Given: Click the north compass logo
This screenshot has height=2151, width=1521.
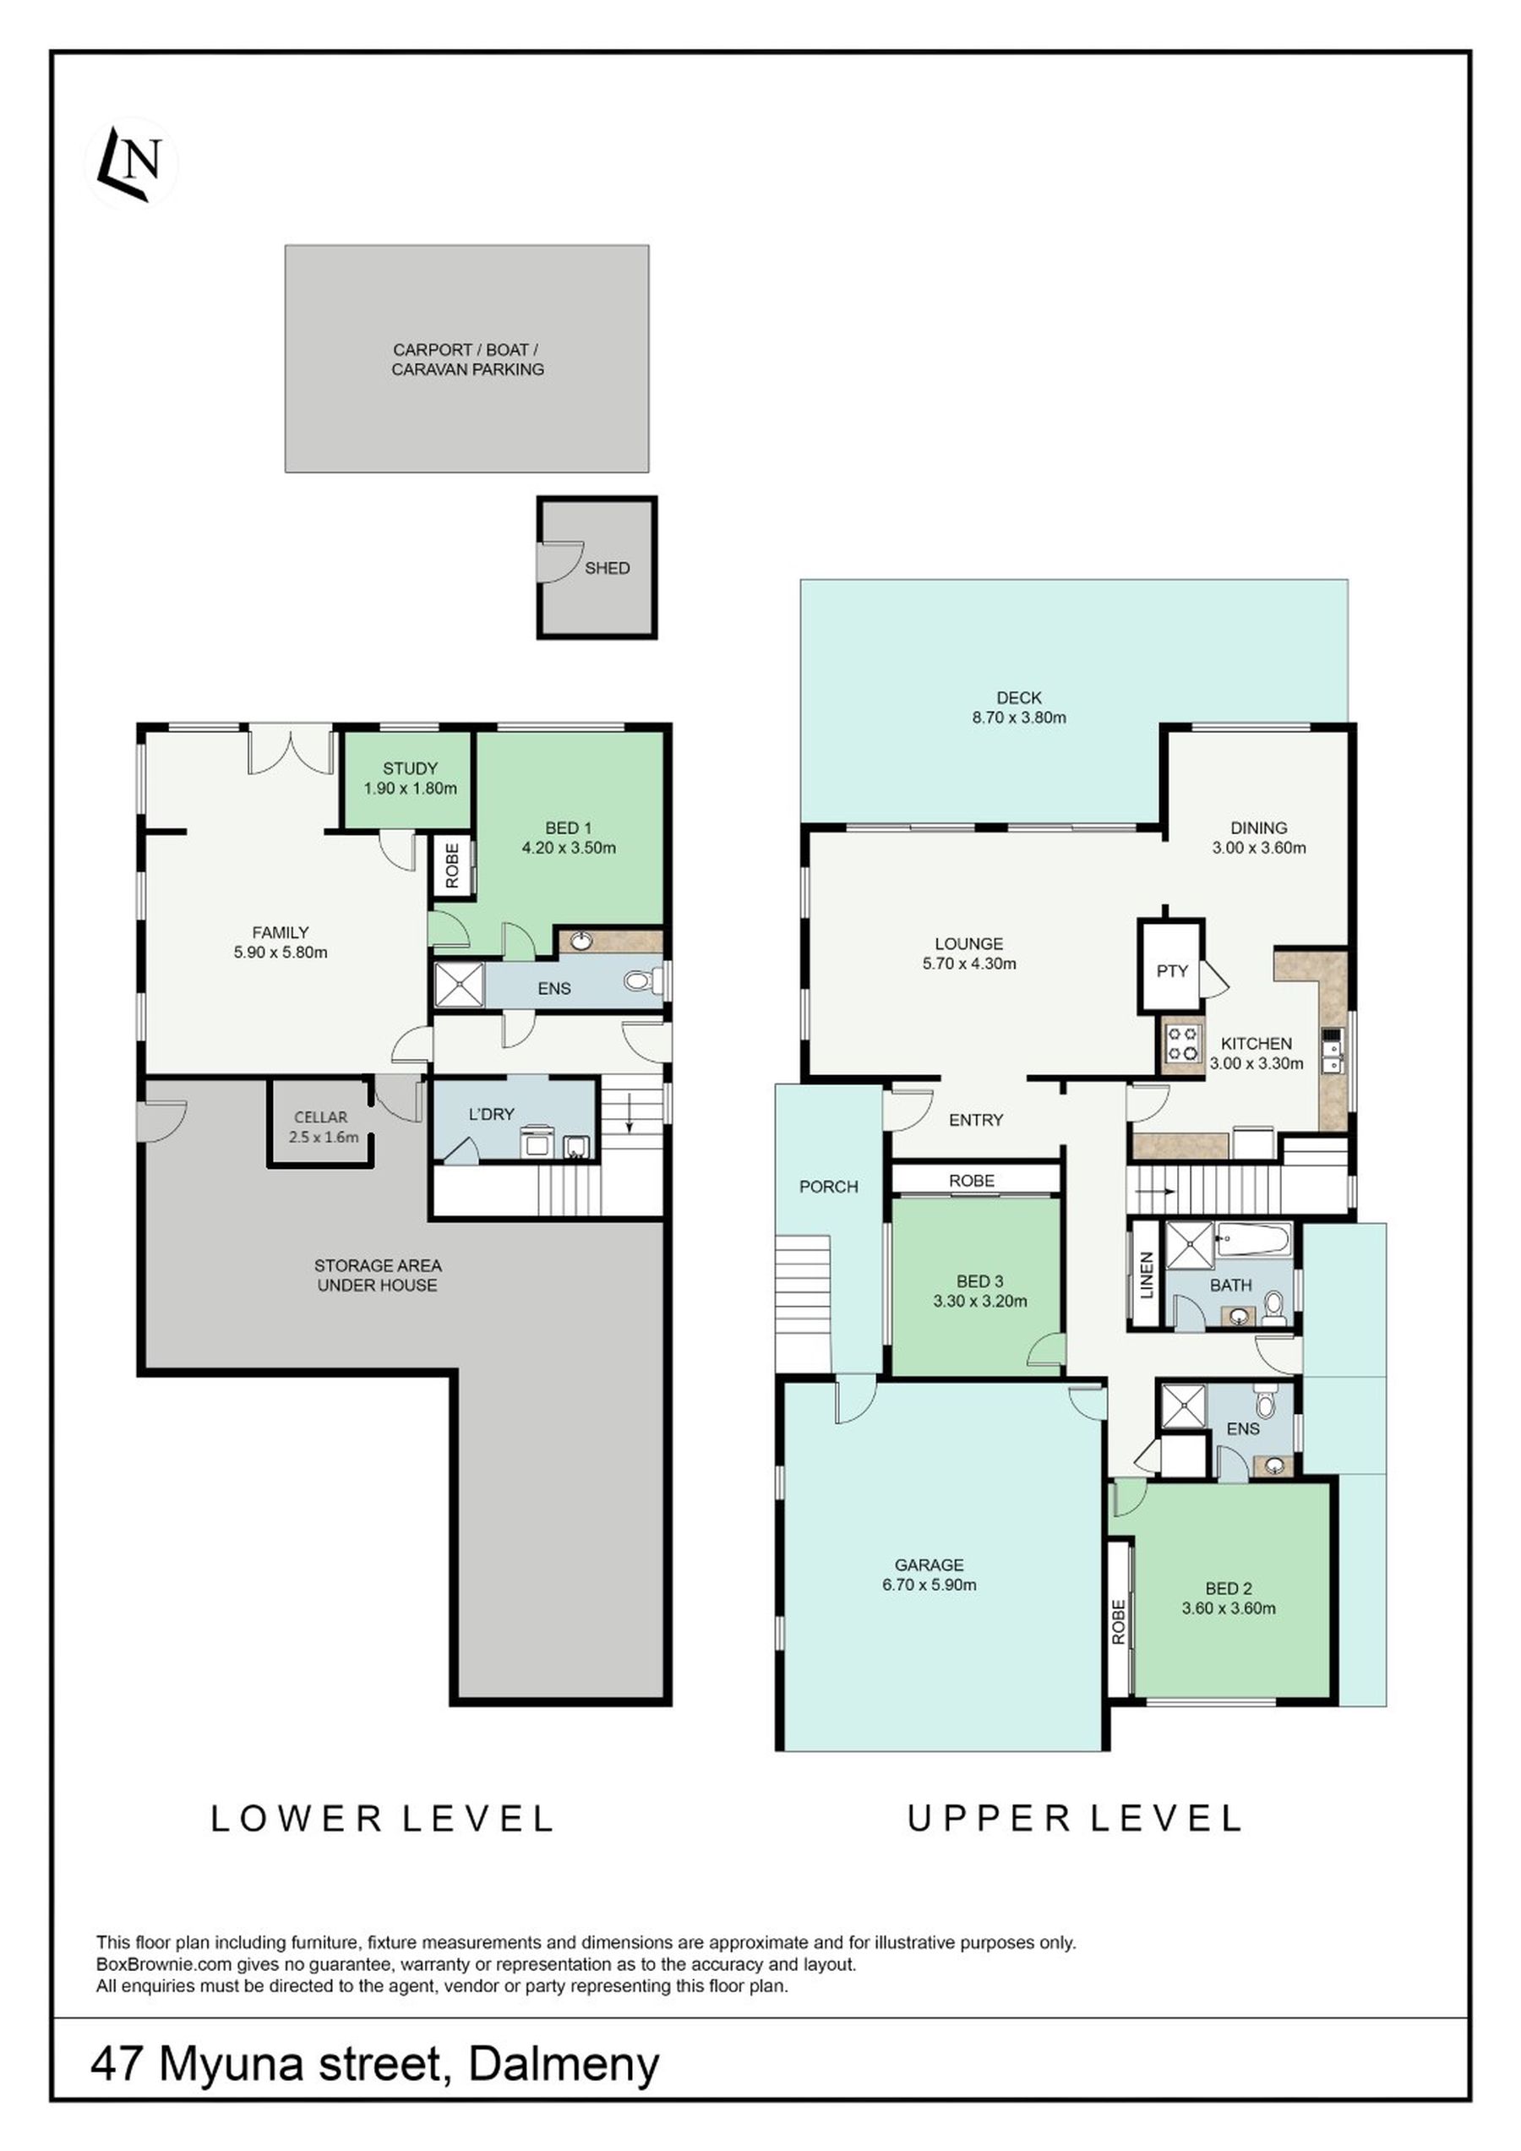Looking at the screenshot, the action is click(x=131, y=164).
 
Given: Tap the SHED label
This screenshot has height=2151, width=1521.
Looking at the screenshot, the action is click(x=607, y=568).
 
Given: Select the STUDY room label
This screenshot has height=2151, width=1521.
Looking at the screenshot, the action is click(x=410, y=768).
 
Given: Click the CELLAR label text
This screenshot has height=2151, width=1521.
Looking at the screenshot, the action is click(x=320, y=1116).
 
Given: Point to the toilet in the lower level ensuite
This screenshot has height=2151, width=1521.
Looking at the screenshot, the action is click(x=641, y=982).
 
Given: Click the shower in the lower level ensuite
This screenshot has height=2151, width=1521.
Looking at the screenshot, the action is click(x=460, y=985).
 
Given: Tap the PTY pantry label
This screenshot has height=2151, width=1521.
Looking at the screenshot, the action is click(x=1172, y=970).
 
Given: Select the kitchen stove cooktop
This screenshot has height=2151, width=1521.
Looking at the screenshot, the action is click(x=1182, y=1044).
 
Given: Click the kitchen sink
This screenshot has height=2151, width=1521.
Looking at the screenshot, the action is click(x=1332, y=1051).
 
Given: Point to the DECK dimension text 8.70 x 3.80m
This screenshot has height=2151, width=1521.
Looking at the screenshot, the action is click(x=1019, y=718).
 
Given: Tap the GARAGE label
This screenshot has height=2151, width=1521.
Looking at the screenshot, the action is click(x=929, y=1564).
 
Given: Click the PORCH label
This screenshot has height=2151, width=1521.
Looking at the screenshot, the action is click(x=829, y=1187).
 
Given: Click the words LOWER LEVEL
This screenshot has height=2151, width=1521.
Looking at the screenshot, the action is click(x=382, y=1819).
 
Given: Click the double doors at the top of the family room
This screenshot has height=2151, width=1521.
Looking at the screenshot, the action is click(x=292, y=751).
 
